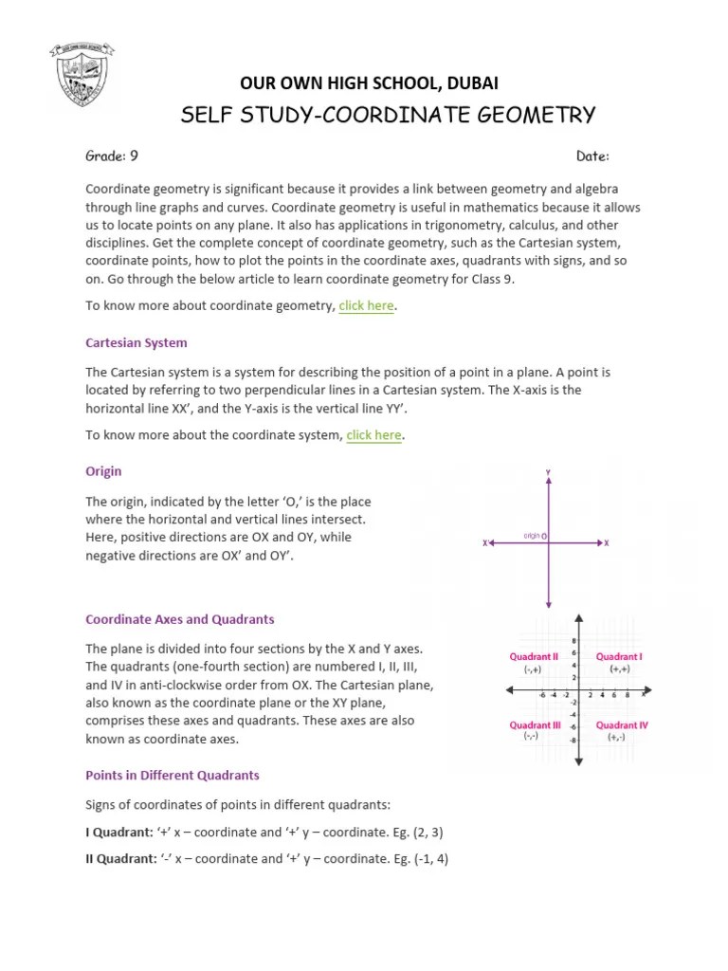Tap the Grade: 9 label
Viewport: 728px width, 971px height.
113,156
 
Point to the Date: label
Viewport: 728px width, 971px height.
592,156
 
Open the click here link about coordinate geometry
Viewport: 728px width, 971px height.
366,305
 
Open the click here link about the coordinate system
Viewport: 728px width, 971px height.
373,435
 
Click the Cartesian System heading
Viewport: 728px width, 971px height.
136,342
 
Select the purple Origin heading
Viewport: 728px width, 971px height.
103,471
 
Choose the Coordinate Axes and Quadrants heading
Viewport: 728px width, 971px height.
180,619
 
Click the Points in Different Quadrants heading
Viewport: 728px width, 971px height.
173,775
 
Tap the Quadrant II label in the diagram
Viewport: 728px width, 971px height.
535,656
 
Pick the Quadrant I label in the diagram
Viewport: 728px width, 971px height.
619,656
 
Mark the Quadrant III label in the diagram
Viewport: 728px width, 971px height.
535,725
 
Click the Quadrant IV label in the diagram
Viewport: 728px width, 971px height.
622,725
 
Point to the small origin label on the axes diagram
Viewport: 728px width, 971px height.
532,536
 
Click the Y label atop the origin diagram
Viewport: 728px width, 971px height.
548,471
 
